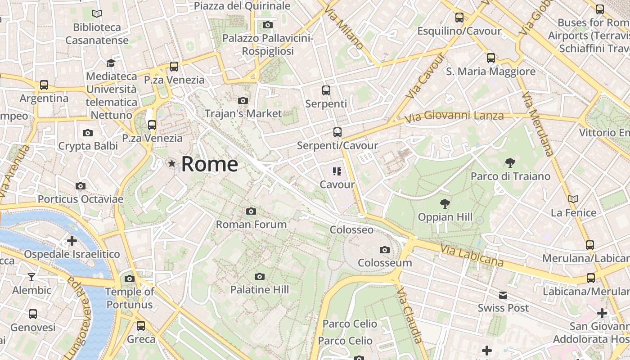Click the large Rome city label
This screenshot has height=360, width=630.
coord(210,164)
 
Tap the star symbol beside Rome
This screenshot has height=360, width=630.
coord(171,164)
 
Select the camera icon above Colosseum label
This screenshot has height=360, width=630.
coord(384,250)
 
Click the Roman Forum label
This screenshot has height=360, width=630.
coord(251,224)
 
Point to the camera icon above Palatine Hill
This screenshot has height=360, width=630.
coord(259,276)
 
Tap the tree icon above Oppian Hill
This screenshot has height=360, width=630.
coord(445,204)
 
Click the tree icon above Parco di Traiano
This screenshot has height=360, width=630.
coord(510,162)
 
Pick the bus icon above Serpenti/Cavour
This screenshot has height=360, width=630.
coord(337,132)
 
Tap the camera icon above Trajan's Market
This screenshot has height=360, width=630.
coord(243,100)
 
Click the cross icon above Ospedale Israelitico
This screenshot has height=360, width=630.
coord(72,241)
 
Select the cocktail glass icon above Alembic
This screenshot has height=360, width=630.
coord(31,277)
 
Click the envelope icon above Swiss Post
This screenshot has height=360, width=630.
coord(503,295)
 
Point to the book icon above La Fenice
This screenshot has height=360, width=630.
coord(573,199)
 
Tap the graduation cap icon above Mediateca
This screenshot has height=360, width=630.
coord(111,63)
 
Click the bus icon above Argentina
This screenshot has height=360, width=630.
coord(44,85)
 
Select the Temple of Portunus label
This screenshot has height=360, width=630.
coord(130,298)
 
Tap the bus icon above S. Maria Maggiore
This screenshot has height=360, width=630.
coord(490,58)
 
